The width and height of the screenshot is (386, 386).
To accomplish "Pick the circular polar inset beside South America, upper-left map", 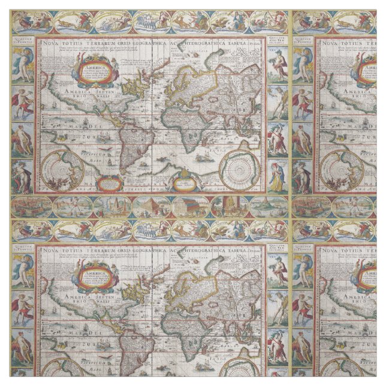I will tap(63, 169).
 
